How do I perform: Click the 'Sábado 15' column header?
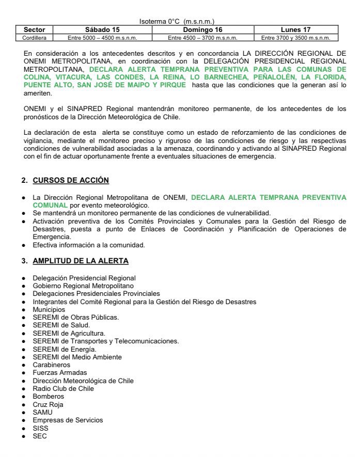pyautogui.click(x=102, y=30)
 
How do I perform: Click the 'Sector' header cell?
pyautogui.click(x=35, y=30)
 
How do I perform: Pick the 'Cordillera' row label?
pyautogui.click(x=35, y=38)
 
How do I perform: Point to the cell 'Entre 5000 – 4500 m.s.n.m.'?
pyautogui.click(x=102, y=38)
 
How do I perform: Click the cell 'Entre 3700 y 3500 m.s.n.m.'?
pyautogui.click(x=296, y=38)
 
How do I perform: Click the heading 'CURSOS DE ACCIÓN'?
pyautogui.click(x=71, y=180)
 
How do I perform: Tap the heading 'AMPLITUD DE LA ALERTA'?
pyautogui.click(x=81, y=261)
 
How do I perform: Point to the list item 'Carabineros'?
pyautogui.click(x=50, y=365)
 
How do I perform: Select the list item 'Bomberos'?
pyautogui.click(x=48, y=397)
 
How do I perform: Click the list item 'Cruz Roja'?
pyautogui.click(x=48, y=404)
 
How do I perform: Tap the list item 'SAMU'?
pyautogui.click(x=42, y=412)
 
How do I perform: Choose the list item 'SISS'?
pyautogui.click(x=40, y=428)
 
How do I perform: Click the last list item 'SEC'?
pyautogui.click(x=39, y=436)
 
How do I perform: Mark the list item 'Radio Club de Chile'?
pyautogui.click(x=63, y=388)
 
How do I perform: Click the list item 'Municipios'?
pyautogui.click(x=49, y=309)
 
